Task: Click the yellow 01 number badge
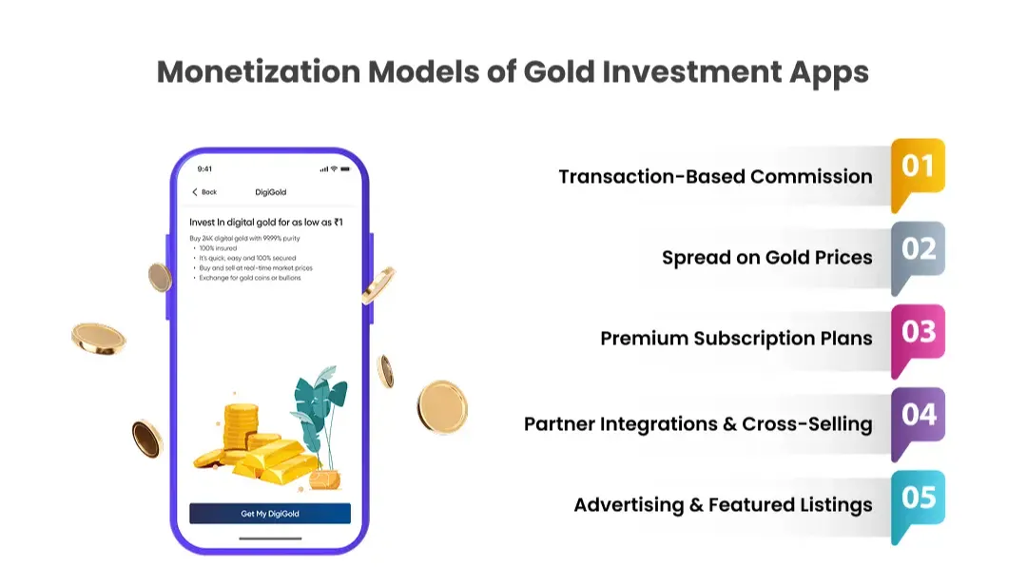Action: [x=918, y=167]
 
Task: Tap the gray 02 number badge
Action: [x=918, y=250]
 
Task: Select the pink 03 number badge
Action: [x=918, y=333]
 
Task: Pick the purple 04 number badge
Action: [x=918, y=416]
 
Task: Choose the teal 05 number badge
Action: [x=918, y=499]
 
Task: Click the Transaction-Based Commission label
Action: [x=715, y=177]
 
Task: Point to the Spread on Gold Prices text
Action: [x=766, y=258]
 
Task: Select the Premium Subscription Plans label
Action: [x=736, y=339]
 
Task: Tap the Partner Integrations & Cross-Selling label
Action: [x=698, y=424]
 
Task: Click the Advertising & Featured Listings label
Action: [x=723, y=505]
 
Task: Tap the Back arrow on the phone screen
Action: [x=196, y=192]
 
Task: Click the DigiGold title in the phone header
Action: [x=270, y=192]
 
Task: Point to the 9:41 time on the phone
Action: [x=204, y=169]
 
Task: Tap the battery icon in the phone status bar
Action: [x=344, y=169]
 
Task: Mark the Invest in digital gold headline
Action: [x=265, y=222]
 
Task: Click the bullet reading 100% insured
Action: [x=219, y=247]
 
